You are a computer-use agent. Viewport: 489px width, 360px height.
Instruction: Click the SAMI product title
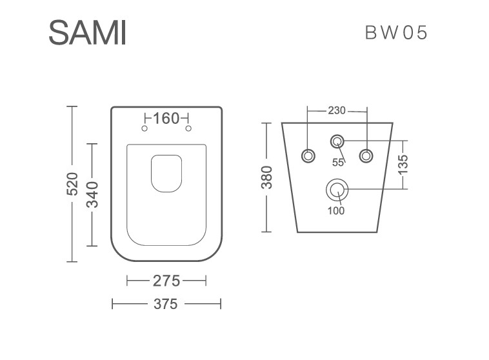coord(87,32)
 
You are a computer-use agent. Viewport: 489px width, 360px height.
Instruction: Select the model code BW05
coord(395,32)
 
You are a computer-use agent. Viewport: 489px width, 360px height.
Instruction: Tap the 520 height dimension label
coord(72,184)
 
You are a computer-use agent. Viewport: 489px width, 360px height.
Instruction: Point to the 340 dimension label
coord(92,195)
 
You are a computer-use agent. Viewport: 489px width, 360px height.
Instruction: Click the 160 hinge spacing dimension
coord(166,118)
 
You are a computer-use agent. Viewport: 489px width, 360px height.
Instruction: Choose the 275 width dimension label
coord(166,281)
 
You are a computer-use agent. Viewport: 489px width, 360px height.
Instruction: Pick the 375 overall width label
coord(166,304)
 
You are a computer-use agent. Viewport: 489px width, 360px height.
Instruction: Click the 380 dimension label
coord(266,177)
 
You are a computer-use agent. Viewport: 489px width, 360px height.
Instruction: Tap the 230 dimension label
coord(337,110)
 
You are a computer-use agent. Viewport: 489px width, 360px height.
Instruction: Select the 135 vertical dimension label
coord(403,164)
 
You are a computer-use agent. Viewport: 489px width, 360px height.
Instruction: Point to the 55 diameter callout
coord(338,163)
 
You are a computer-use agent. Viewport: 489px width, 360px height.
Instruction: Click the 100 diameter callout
coord(336,211)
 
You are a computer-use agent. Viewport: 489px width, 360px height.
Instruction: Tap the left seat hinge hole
coord(145,128)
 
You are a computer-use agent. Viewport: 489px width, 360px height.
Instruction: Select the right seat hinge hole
coord(188,128)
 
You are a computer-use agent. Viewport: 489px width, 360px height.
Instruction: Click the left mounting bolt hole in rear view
coord(308,155)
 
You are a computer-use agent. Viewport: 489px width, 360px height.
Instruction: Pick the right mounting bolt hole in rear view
coord(366,155)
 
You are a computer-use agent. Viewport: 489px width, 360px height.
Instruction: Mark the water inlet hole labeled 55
coord(337,142)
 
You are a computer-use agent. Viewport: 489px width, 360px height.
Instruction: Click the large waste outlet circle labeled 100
coord(337,190)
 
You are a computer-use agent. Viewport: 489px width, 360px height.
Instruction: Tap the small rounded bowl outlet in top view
coord(166,174)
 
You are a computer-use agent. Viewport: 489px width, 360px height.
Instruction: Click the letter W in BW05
coord(390,32)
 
